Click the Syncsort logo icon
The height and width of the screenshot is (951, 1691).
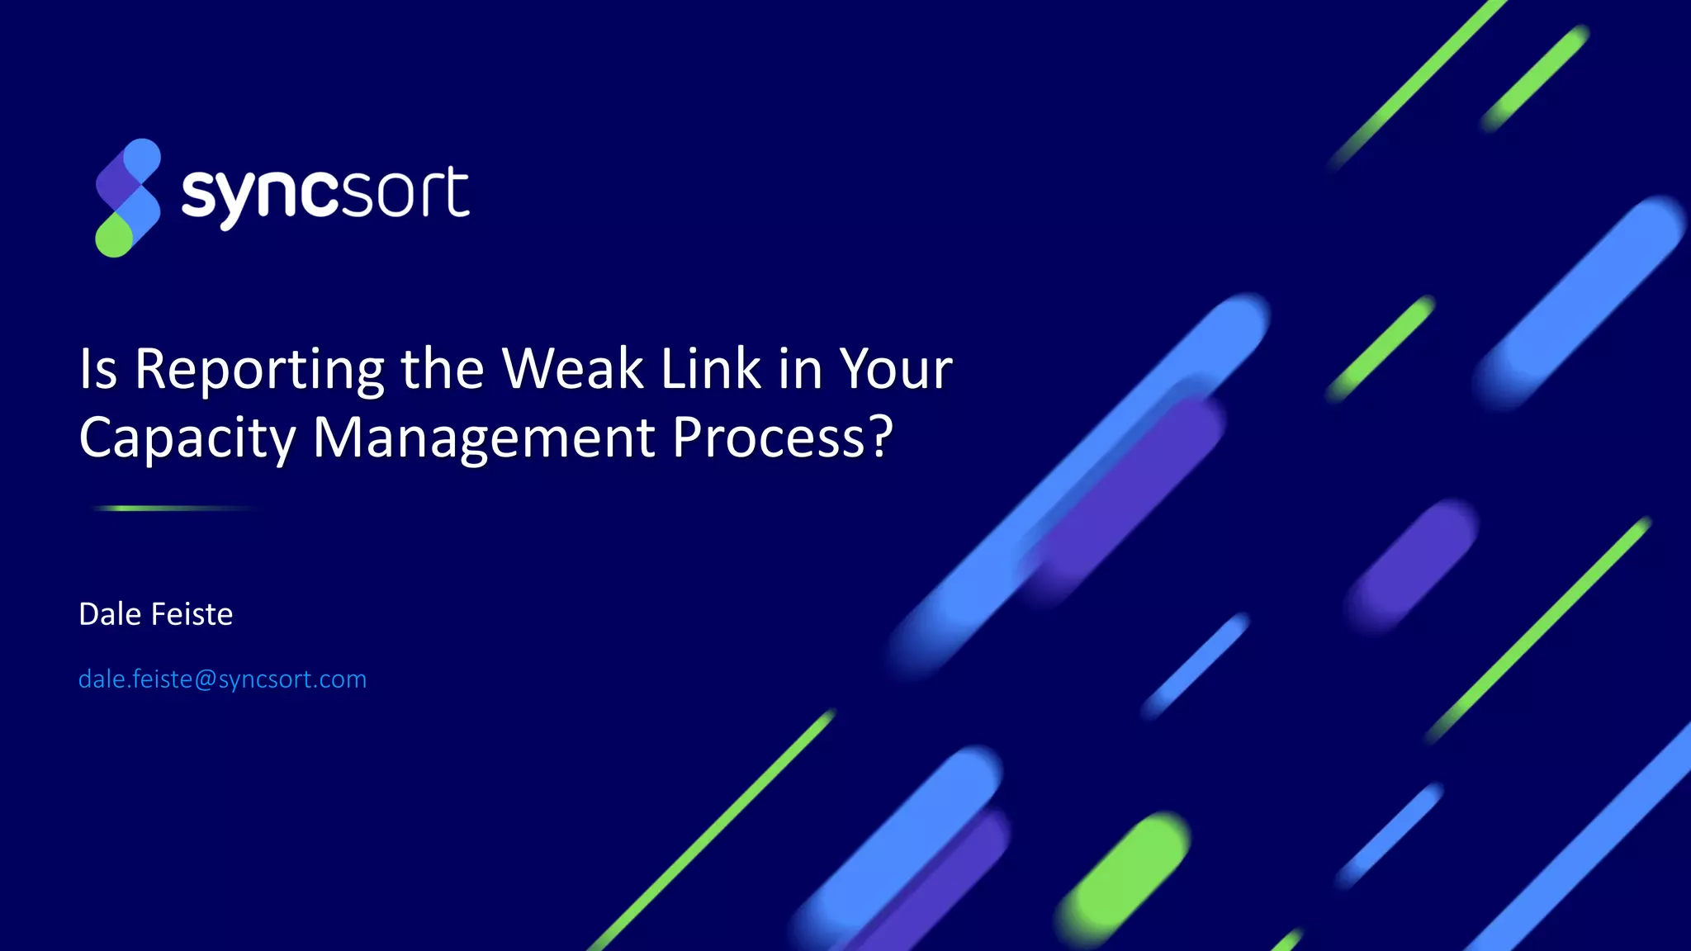(x=128, y=197)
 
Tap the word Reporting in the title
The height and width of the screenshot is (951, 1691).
(x=259, y=369)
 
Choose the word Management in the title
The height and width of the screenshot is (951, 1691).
(x=484, y=438)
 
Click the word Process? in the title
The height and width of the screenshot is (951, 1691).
(x=782, y=438)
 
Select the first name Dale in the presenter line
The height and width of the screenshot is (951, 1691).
(x=110, y=614)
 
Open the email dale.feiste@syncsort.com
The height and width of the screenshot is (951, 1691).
(x=222, y=679)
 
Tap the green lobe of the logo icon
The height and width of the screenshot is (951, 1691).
(x=114, y=236)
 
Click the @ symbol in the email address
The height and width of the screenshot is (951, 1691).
(x=206, y=679)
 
